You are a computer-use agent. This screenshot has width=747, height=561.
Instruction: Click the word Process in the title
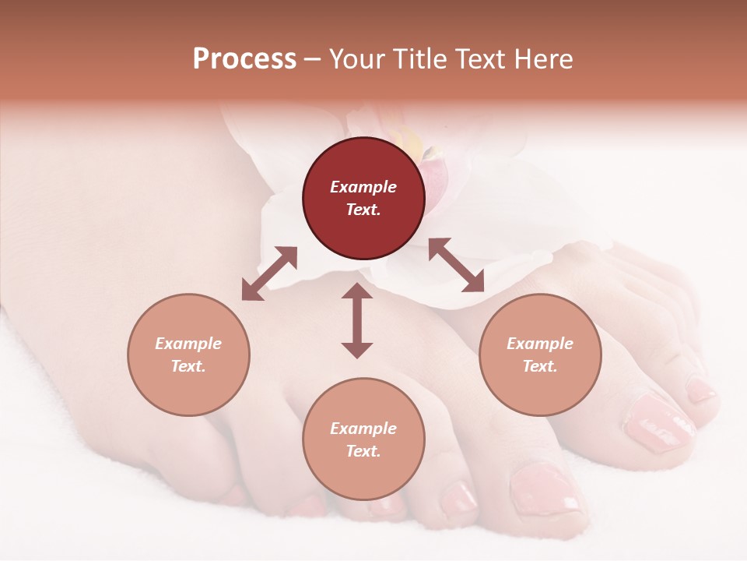pyautogui.click(x=244, y=59)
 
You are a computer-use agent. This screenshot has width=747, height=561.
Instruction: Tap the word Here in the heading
pyautogui.click(x=542, y=59)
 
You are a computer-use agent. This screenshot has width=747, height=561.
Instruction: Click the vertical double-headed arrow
pyautogui.click(x=357, y=320)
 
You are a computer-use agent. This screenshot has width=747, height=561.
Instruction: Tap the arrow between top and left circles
pyautogui.click(x=269, y=273)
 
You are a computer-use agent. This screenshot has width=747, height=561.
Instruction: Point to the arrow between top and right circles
pyautogui.click(x=456, y=265)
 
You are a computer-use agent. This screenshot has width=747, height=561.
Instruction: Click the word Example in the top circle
pyautogui.click(x=363, y=187)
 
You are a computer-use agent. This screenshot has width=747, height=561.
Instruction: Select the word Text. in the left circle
pyautogui.click(x=188, y=366)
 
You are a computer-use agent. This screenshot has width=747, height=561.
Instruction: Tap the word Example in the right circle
pyautogui.click(x=540, y=344)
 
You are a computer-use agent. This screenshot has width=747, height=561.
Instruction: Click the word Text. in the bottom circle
pyautogui.click(x=363, y=451)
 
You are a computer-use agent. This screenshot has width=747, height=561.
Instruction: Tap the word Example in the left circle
pyautogui.click(x=188, y=344)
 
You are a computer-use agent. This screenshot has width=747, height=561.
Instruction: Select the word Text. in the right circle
pyautogui.click(x=540, y=366)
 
